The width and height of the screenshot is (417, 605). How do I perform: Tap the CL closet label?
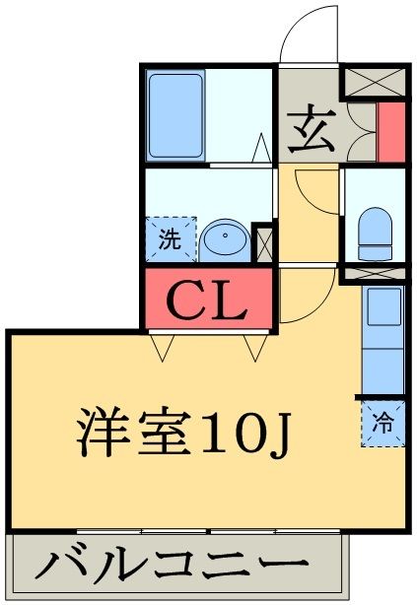208,301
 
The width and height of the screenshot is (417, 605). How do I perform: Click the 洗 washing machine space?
170,238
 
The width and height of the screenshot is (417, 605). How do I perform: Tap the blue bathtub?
175,115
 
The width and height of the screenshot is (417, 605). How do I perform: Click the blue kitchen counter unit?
383,338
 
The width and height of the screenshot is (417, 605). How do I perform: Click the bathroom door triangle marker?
262,150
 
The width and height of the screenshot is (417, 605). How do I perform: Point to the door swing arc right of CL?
293,295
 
